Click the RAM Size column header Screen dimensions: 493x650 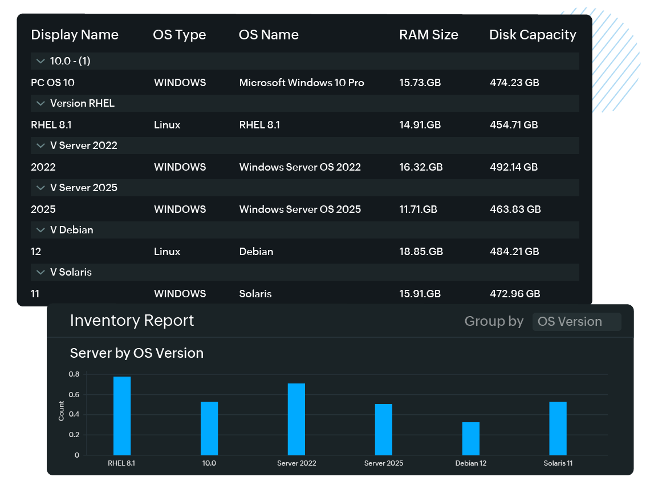point(428,35)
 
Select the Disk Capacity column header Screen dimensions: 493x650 point(533,35)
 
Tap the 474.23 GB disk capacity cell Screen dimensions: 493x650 point(514,83)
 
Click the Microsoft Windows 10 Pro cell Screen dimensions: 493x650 point(301,83)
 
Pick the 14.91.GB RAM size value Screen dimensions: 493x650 point(420,125)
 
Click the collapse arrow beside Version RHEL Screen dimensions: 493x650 point(40,103)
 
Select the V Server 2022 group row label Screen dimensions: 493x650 point(83,146)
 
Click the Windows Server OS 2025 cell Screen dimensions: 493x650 point(300,209)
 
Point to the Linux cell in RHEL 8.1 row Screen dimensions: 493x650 point(167,125)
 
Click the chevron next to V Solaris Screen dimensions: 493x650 point(40,272)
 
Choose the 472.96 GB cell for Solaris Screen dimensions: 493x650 point(515,294)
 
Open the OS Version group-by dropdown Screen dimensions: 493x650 point(576,321)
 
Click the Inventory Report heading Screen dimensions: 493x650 point(132,321)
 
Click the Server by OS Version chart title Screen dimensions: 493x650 point(136,353)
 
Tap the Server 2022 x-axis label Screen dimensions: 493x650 point(296,463)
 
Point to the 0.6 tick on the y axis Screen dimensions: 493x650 point(74,395)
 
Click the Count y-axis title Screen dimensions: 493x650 point(62,411)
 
